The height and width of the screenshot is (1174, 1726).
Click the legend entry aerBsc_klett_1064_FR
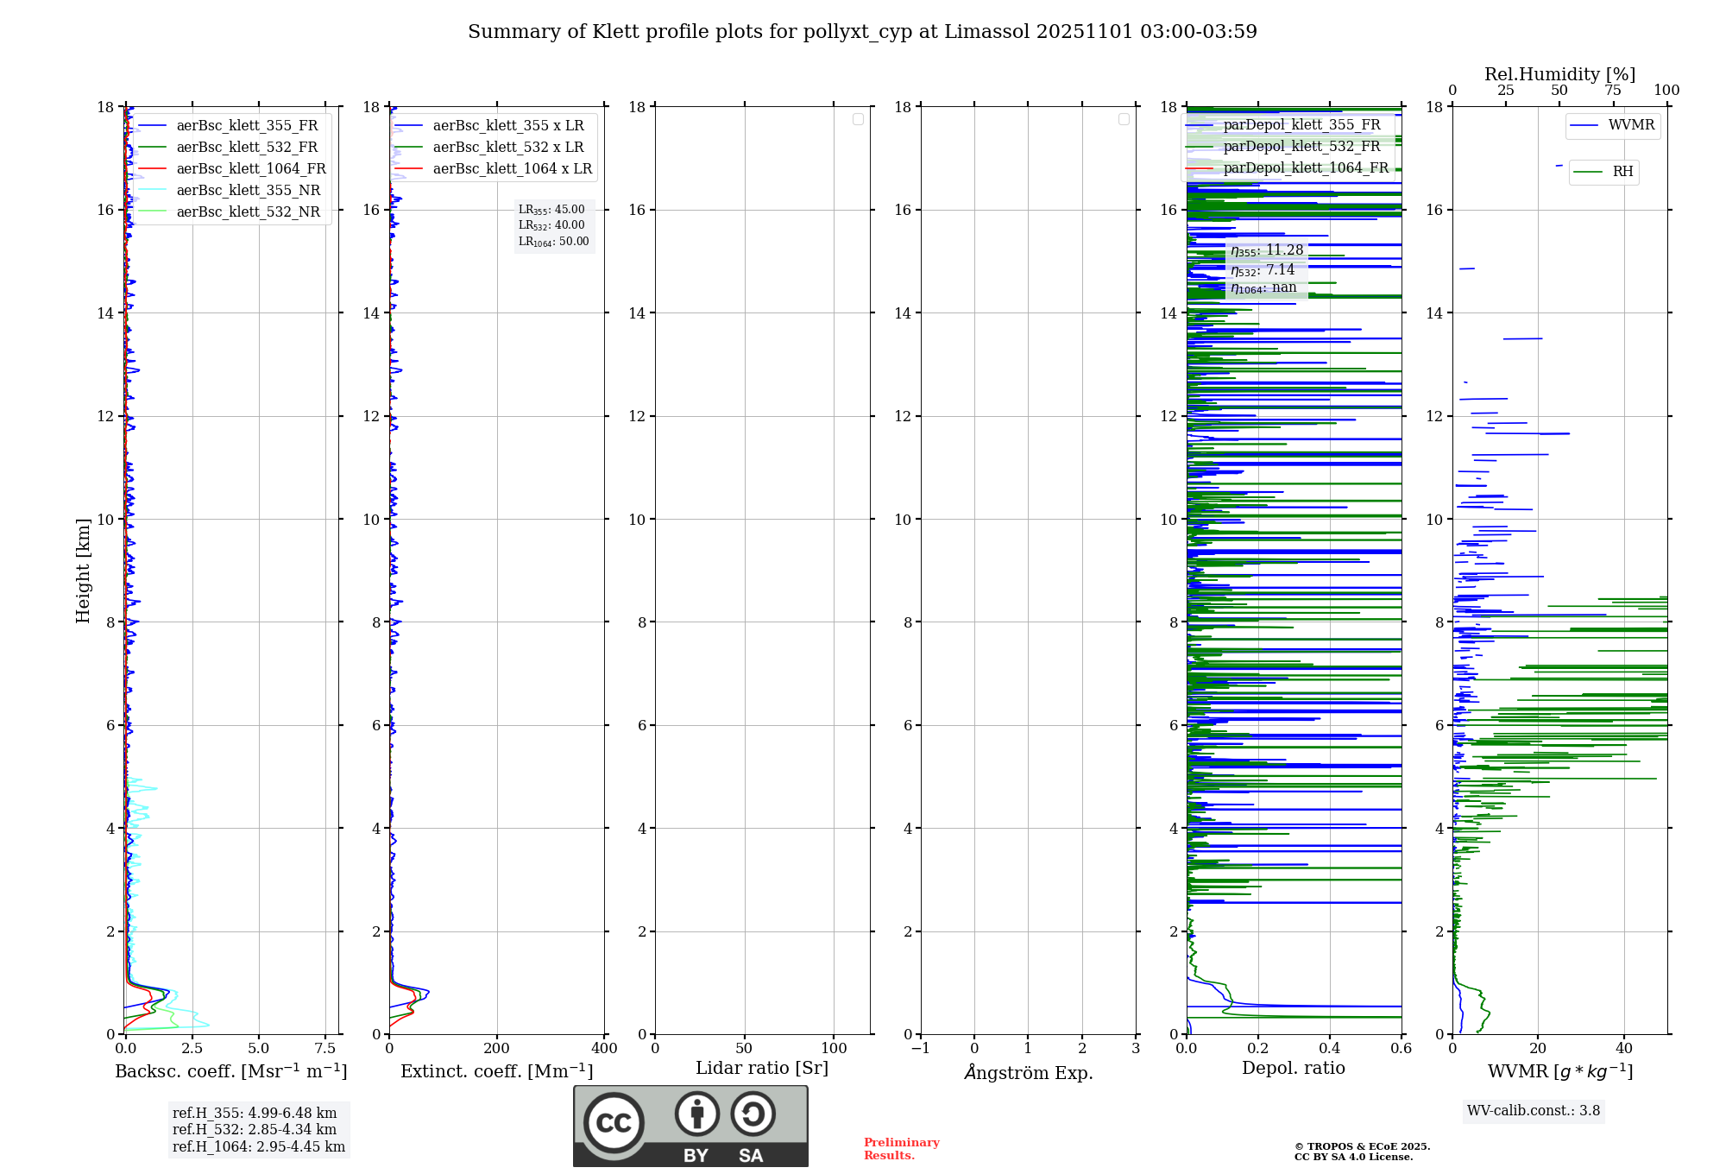[x=250, y=169]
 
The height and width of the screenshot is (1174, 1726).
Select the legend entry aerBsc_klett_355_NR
[x=248, y=191]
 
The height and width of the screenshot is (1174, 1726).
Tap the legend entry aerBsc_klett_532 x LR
[x=507, y=148]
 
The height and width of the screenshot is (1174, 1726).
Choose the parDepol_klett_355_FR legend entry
[x=1301, y=125]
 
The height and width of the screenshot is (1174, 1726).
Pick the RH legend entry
[x=1622, y=172]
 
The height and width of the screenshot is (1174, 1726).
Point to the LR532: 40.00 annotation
[x=551, y=225]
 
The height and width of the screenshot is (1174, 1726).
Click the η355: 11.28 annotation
[x=1267, y=250]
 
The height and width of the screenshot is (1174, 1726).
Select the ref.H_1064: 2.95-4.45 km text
[x=259, y=1146]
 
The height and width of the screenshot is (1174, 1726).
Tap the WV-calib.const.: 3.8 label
[x=1534, y=1111]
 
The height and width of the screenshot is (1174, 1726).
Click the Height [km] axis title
[x=83, y=571]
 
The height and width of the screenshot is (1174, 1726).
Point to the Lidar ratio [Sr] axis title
[x=762, y=1069]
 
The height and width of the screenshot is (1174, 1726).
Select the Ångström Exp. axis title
[x=1029, y=1073]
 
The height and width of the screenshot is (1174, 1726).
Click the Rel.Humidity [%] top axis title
[x=1559, y=74]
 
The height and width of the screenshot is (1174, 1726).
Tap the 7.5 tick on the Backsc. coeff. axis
[x=325, y=1049]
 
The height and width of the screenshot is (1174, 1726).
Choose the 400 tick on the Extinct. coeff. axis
[x=604, y=1049]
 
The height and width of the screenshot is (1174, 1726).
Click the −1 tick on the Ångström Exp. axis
[x=920, y=1049]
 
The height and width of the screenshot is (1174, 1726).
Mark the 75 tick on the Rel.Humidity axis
[x=1612, y=91]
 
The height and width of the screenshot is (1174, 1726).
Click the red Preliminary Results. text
[x=901, y=1149]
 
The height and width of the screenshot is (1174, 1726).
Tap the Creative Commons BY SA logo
[x=690, y=1126]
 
